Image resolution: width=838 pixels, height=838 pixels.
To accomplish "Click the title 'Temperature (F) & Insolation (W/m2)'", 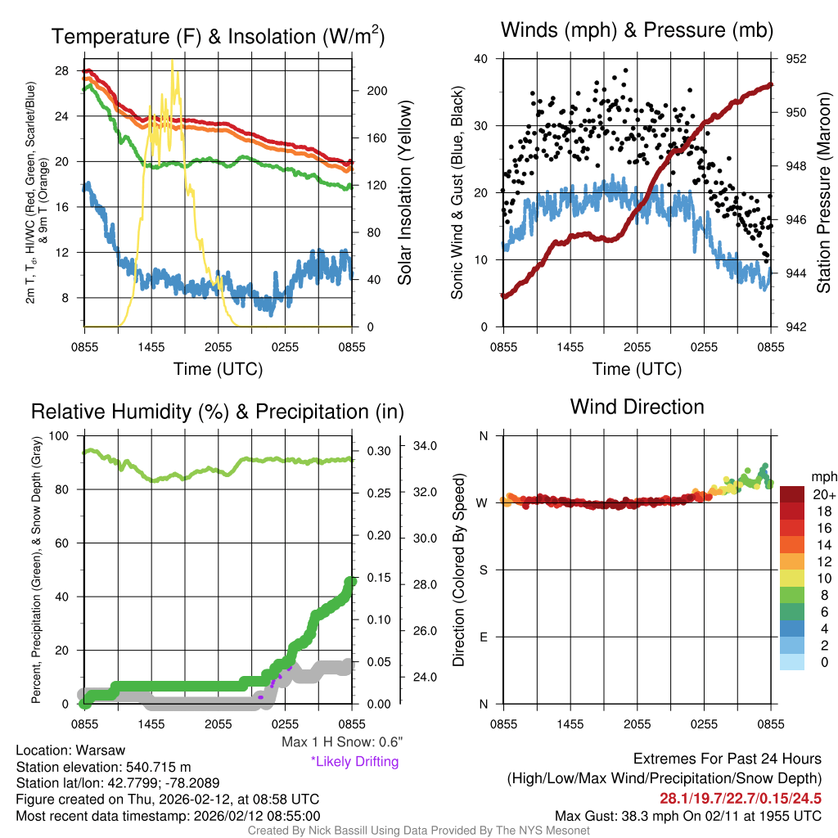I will coord(219,36).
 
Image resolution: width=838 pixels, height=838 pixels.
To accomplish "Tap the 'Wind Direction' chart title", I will coord(637,407).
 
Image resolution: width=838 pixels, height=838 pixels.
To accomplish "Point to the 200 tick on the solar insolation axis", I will coord(370,91).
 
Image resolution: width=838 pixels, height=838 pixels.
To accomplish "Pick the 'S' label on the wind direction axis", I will coord(483,570).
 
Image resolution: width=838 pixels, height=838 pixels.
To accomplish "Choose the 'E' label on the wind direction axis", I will coord(483,637).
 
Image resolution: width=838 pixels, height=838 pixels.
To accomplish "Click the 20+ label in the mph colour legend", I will coord(822,495).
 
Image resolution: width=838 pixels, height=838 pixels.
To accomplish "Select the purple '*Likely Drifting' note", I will coord(354,761).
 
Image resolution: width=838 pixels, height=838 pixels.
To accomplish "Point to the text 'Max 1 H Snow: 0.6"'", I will coord(341,742).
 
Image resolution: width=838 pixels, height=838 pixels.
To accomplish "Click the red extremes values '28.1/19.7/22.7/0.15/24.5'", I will coord(740,798).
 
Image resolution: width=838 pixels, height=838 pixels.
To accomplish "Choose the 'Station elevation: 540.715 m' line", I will coord(103,767).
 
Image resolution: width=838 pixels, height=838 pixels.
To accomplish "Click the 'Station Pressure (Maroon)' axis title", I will coord(824,193).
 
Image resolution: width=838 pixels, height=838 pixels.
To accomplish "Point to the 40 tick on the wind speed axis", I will coord(481,59).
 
